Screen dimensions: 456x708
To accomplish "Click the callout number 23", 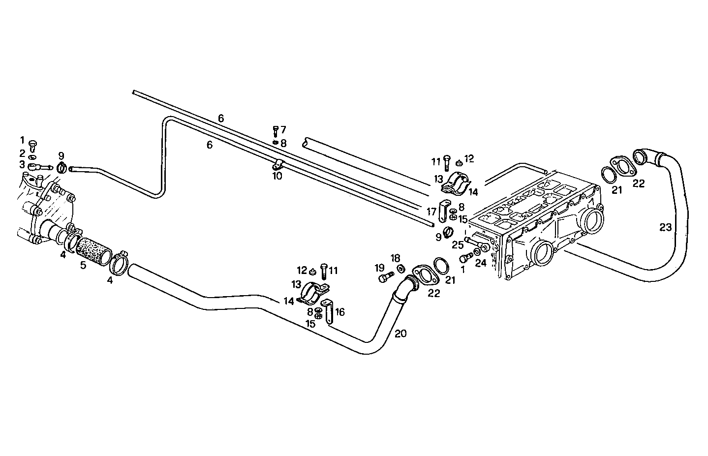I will pyautogui.click(x=665, y=228).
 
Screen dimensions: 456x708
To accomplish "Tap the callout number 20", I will pyautogui.click(x=400, y=334).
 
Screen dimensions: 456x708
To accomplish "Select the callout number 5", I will pyautogui.click(x=83, y=266).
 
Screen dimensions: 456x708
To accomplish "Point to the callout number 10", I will pyautogui.click(x=277, y=176).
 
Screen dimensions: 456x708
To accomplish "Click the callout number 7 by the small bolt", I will pyautogui.click(x=283, y=130).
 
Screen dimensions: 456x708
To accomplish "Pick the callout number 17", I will pyautogui.click(x=431, y=212).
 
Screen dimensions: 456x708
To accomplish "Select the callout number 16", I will pyautogui.click(x=339, y=311).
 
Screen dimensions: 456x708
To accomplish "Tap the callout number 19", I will pyautogui.click(x=379, y=268).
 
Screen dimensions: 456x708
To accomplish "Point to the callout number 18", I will pyautogui.click(x=396, y=258).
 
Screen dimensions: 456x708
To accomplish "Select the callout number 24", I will pyautogui.click(x=481, y=263).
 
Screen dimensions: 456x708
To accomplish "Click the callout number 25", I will pyautogui.click(x=458, y=244).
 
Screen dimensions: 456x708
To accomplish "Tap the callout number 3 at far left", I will pyautogui.click(x=22, y=164).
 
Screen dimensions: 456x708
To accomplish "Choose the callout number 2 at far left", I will pyautogui.click(x=22, y=152).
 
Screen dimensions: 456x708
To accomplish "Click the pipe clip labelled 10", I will pyautogui.click(x=277, y=165).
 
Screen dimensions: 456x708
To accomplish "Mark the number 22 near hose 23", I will pyautogui.click(x=639, y=183).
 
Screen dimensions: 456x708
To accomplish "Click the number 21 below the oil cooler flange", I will pyautogui.click(x=450, y=280).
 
